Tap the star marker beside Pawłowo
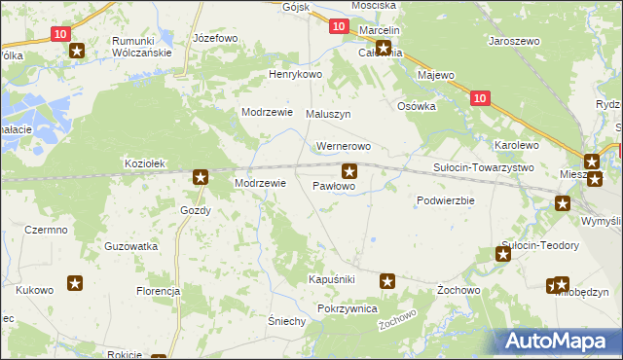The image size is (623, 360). click(x=348, y=170)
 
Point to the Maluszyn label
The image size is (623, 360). click(x=328, y=114)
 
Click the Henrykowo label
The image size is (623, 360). click(x=295, y=74)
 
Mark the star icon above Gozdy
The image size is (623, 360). click(x=201, y=177)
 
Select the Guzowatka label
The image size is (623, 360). click(x=131, y=247)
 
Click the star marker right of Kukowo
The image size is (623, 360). click(x=75, y=283)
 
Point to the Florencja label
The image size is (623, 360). click(x=159, y=291)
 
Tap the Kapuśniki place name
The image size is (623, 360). click(x=331, y=279)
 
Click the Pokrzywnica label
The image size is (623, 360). click(x=347, y=307)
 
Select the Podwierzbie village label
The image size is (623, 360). click(x=445, y=200)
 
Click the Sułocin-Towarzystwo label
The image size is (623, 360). click(x=484, y=167)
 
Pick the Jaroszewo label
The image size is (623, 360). click(x=514, y=43)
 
